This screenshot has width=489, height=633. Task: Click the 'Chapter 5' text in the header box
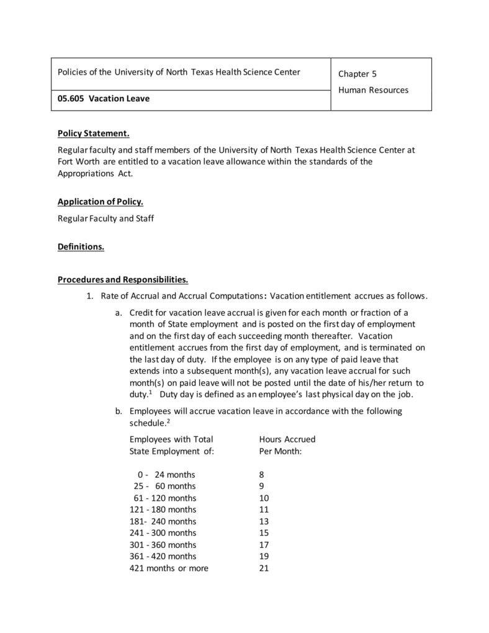coord(357,74)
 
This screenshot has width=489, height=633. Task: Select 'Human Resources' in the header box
coord(373,90)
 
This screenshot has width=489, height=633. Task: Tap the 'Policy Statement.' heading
coord(93,133)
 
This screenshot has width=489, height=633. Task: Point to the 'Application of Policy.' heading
coord(100,202)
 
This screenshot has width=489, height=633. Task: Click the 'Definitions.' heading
coord(81,246)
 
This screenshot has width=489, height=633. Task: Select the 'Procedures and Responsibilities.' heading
coord(123,279)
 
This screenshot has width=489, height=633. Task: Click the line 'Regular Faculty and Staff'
coord(105,218)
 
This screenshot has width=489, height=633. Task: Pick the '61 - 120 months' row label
coord(164,498)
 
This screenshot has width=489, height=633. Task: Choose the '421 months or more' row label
coord(169,568)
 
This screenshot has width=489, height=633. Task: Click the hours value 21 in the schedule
coord(264,568)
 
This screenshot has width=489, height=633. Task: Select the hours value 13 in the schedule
coord(264,521)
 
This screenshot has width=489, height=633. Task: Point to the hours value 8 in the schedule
coord(261,475)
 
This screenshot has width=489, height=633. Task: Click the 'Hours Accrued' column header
coord(287,439)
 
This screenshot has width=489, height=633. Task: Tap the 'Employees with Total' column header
coord(171,439)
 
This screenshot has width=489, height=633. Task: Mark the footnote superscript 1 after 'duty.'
coord(150,392)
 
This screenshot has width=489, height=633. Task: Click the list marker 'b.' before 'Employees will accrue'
coord(118,411)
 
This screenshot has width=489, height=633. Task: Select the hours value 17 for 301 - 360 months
coord(264,545)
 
